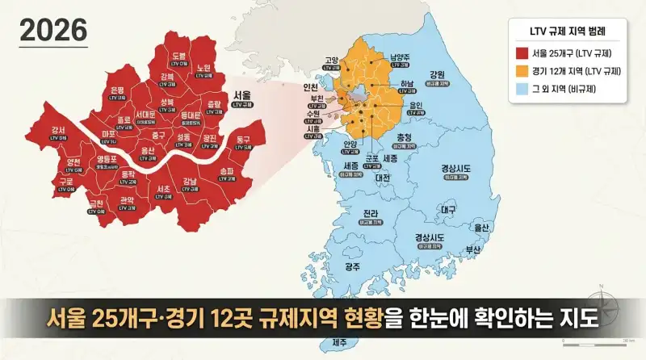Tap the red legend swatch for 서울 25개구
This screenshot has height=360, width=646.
point(522,53)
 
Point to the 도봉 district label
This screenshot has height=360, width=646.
point(179,56)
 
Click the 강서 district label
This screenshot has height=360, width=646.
point(59,130)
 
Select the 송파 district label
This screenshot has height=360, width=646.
point(227,171)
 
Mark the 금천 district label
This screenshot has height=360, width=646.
point(97,203)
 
